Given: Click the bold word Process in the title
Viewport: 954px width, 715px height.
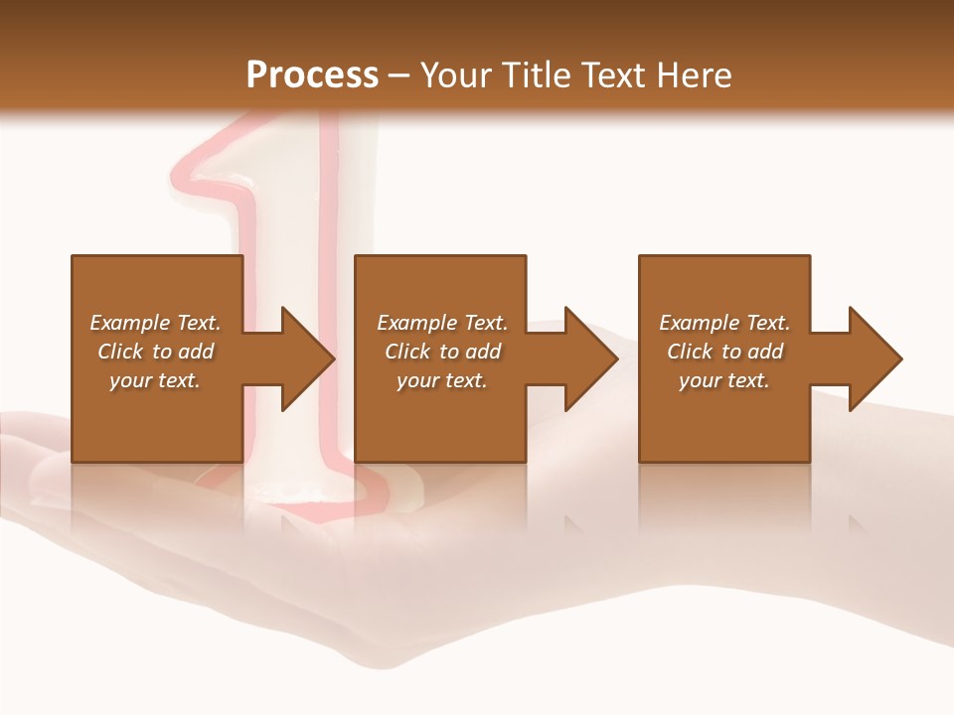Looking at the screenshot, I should click(312, 74).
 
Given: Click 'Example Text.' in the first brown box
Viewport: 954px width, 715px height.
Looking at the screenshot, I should click(156, 323).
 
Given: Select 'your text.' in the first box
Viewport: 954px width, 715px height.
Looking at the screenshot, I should click(156, 380).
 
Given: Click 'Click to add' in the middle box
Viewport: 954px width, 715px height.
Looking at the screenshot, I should click(442, 352).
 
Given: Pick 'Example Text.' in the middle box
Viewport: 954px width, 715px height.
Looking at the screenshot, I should click(442, 323).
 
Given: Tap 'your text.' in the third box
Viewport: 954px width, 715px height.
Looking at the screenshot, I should click(724, 380).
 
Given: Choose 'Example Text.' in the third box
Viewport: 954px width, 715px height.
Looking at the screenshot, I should click(724, 323).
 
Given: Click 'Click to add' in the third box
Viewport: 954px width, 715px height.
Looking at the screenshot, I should click(724, 352).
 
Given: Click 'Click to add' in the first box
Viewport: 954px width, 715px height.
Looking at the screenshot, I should click(156, 352).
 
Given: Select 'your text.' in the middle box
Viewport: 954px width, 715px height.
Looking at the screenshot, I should click(442, 380).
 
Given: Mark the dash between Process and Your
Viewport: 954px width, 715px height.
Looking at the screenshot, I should click(399, 76).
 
